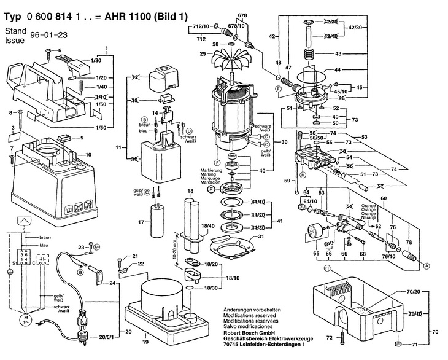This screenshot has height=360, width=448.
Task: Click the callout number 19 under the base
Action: click(x=145, y=341)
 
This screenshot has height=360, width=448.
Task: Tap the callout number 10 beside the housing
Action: click(x=88, y=154)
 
